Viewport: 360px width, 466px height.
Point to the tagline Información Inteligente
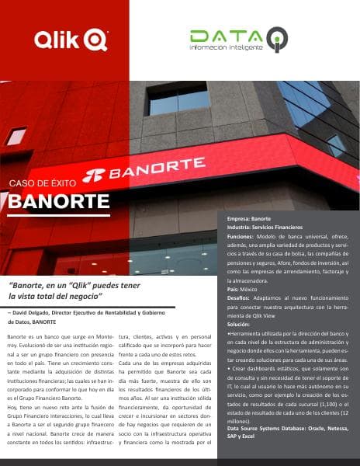(227, 47)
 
